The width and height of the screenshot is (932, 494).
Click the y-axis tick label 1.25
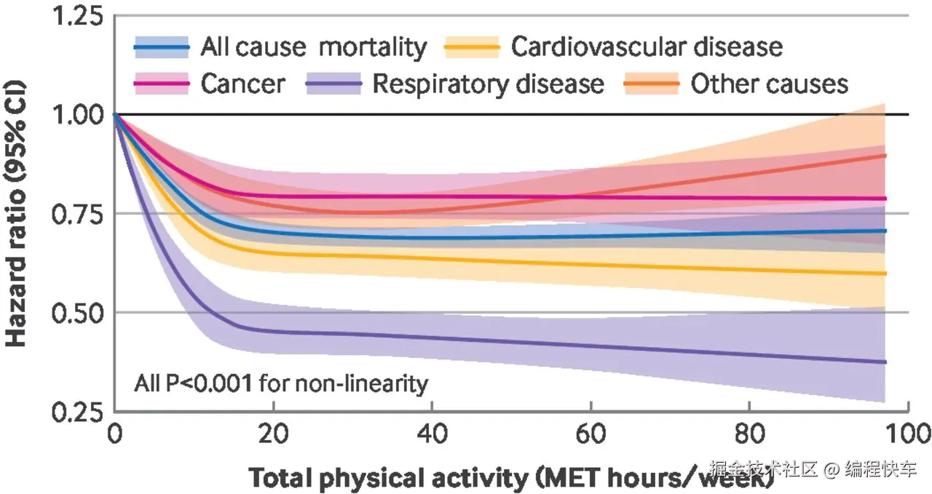point(77,17)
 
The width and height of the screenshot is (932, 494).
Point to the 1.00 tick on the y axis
point(77,114)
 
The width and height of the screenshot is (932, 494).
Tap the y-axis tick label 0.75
point(77,215)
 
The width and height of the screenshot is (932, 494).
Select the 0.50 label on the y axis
point(77,313)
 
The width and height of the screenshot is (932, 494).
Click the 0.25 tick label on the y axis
point(77,413)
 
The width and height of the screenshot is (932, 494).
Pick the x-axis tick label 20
point(273,434)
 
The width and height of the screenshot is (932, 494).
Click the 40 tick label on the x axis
point(433,434)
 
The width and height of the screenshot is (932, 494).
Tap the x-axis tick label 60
point(591,434)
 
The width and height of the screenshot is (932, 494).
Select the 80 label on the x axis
point(749,434)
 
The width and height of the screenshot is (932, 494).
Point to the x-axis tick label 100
point(908,434)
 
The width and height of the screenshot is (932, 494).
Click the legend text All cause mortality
point(314,47)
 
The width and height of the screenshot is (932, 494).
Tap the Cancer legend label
point(243,84)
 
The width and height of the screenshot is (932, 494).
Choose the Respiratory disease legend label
point(488,84)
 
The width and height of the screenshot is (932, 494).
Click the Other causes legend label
point(770,84)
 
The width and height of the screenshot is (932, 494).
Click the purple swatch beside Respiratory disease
point(333,84)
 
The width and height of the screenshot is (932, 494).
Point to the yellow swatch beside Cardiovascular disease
point(472,47)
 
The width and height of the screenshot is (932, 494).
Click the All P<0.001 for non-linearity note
point(281,383)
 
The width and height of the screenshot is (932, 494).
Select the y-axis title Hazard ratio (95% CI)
point(15,213)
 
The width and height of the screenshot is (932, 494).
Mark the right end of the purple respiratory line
point(885,362)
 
